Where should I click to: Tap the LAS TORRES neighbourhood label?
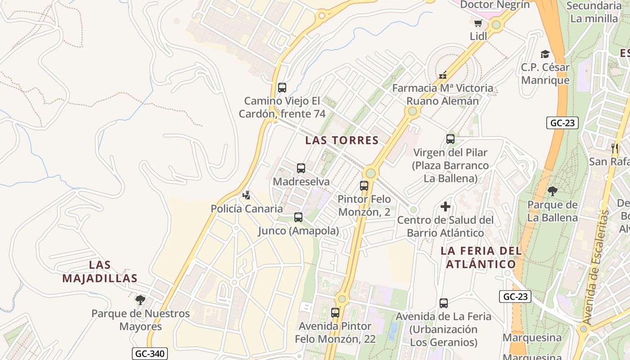pyautogui.click(x=342, y=140)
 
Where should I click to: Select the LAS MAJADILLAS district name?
pyautogui.click(x=100, y=272)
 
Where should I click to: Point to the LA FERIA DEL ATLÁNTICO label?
pyautogui.click(x=481, y=257)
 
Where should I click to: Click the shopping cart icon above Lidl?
pyautogui.click(x=478, y=22)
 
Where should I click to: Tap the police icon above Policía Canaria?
pyautogui.click(x=246, y=195)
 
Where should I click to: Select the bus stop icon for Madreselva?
pyautogui.click(x=301, y=168)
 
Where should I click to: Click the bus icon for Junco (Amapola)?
pyautogui.click(x=298, y=217)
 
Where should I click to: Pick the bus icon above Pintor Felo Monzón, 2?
pyautogui.click(x=364, y=185)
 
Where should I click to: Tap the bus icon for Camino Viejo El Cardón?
pyautogui.click(x=282, y=88)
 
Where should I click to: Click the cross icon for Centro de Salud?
pyautogui.click(x=445, y=207)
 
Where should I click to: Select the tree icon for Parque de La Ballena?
pyautogui.click(x=552, y=191)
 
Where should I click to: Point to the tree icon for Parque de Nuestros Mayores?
pyautogui.click(x=140, y=300)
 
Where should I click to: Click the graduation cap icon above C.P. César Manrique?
pyautogui.click(x=545, y=54)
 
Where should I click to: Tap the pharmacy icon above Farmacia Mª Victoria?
pyautogui.click(x=443, y=75)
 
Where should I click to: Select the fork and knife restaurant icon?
pyautogui.click(x=614, y=148)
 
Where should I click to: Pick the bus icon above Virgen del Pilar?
pyautogui.click(x=450, y=139)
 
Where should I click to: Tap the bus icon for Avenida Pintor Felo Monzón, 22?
pyautogui.click(x=335, y=312)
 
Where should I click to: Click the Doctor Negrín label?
pyautogui.click(x=495, y=4)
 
